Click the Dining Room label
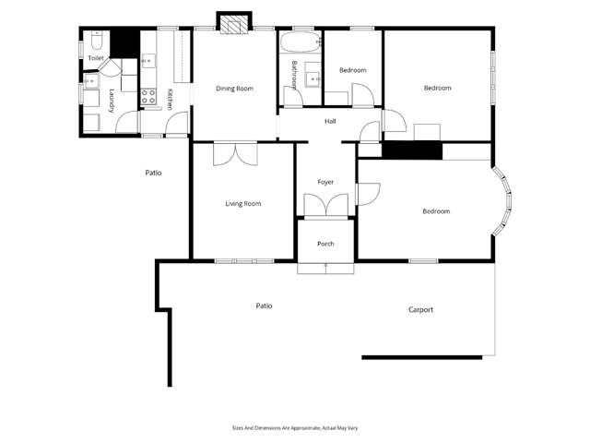point(234,89)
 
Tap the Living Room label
point(243,203)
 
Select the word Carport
point(420,310)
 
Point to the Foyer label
point(325,182)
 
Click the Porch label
point(325,244)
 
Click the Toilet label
point(95,58)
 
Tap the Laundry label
point(112,101)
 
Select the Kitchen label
point(171,99)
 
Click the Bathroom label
point(295,74)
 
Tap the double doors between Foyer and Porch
point(325,205)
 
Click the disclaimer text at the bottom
point(294,427)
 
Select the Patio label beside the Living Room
point(154,173)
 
